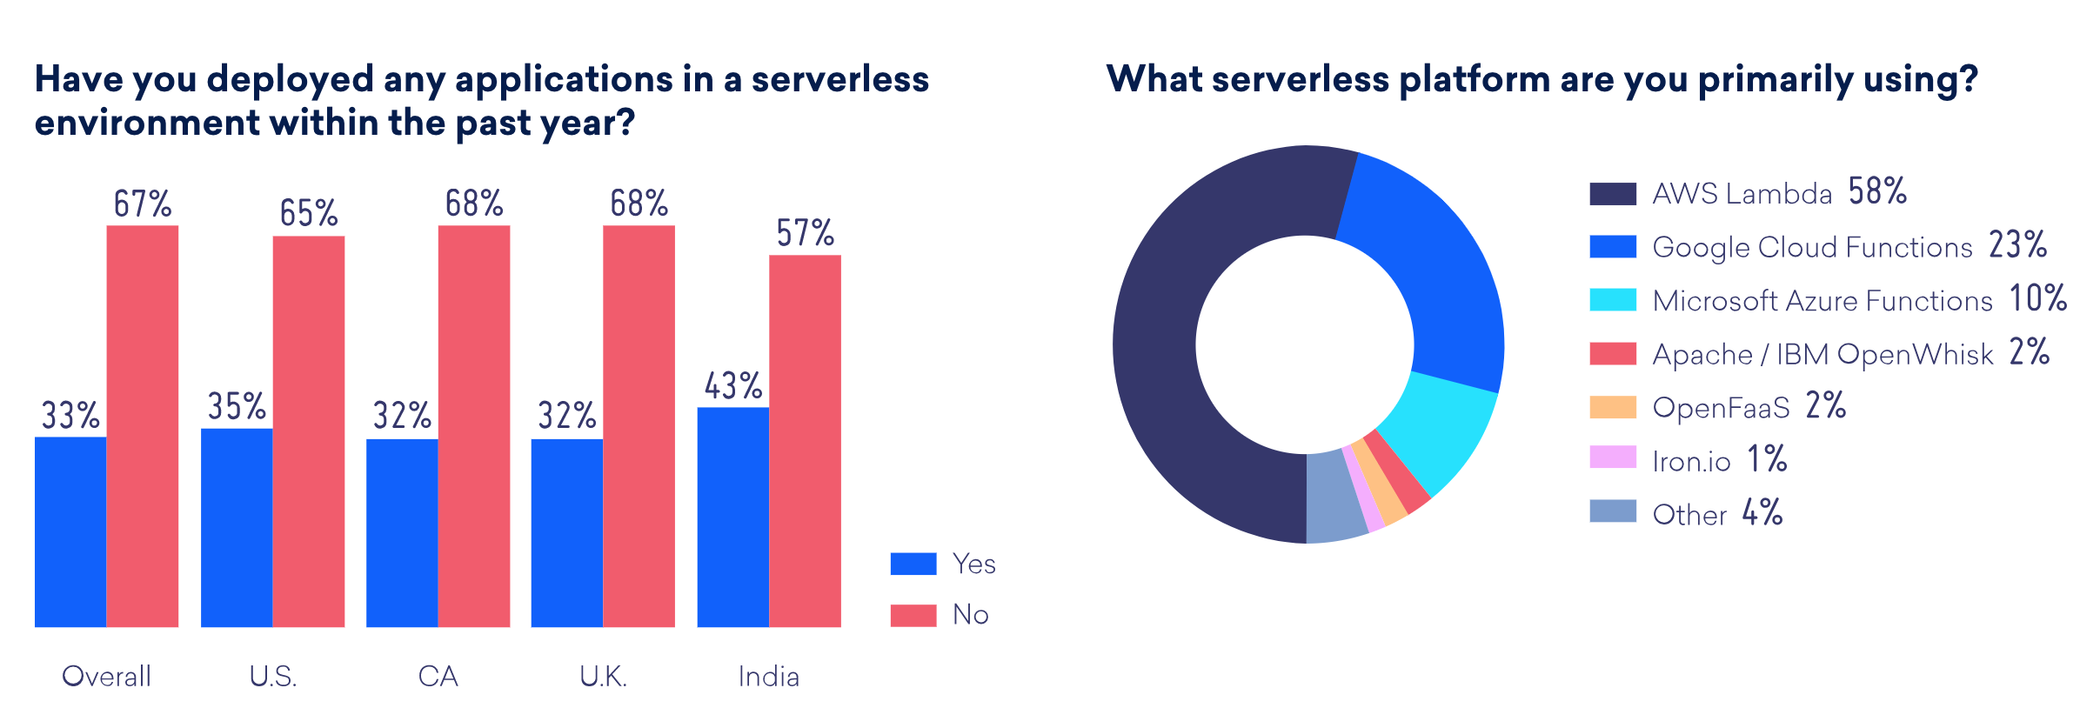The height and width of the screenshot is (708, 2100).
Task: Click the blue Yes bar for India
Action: tap(732, 517)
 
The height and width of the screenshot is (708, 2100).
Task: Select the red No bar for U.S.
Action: tap(309, 431)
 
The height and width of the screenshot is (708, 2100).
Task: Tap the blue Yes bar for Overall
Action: tap(70, 531)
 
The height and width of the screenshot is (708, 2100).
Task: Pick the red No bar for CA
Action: tap(474, 425)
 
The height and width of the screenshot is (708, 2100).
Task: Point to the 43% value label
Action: tap(733, 386)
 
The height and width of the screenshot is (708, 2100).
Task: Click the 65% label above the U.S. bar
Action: tap(309, 213)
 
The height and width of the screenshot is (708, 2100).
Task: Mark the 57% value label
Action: tap(805, 233)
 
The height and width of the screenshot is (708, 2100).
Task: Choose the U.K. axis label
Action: tap(604, 676)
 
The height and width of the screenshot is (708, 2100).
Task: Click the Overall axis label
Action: tap(106, 676)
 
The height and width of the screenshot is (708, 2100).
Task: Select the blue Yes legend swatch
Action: tap(913, 564)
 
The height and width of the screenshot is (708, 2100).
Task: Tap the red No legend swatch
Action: tap(913, 615)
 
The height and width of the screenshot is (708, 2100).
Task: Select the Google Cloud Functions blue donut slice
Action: tap(1435, 261)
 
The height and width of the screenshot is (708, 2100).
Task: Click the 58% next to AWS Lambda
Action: tap(1877, 191)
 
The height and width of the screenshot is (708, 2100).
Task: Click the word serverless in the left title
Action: tap(840, 79)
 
